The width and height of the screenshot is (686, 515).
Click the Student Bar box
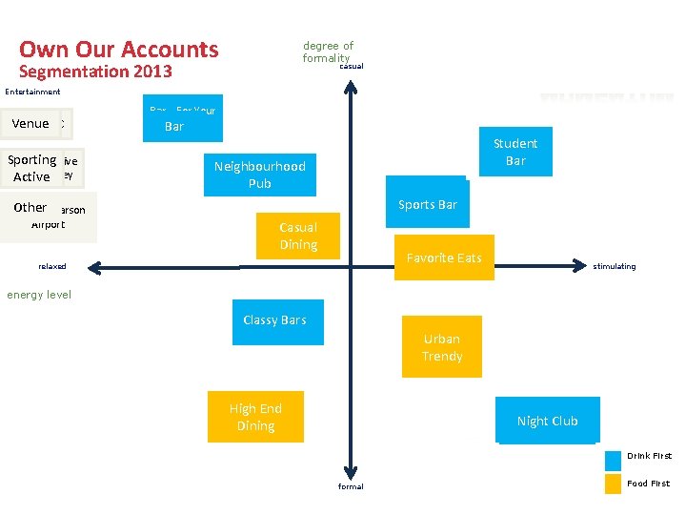tap(514, 152)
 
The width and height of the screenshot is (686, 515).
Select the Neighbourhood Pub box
tap(260, 175)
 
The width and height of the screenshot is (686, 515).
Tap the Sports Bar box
tap(428, 204)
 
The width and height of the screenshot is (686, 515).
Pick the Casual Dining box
tap(298, 236)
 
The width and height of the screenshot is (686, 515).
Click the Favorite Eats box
tap(444, 257)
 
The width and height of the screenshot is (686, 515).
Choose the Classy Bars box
tap(275, 320)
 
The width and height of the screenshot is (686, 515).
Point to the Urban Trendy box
tap(442, 347)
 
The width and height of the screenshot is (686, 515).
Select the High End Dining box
tap(255, 417)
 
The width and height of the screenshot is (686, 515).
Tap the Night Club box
tap(547, 421)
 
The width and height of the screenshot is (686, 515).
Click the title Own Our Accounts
tap(119, 50)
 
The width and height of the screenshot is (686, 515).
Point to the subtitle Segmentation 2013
tap(95, 72)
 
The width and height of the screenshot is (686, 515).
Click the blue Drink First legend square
tap(614, 459)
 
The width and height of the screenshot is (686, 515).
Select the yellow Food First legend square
tap(614, 484)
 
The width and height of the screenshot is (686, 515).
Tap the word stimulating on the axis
tap(614, 267)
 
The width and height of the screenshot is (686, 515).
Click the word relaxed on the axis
tap(52, 267)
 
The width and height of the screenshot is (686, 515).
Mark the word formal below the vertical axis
tap(351, 486)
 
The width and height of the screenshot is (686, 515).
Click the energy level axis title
tap(39, 295)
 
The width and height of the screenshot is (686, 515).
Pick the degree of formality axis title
tap(328, 51)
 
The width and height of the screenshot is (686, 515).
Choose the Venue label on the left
tap(31, 124)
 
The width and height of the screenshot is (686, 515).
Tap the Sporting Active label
tap(32, 168)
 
